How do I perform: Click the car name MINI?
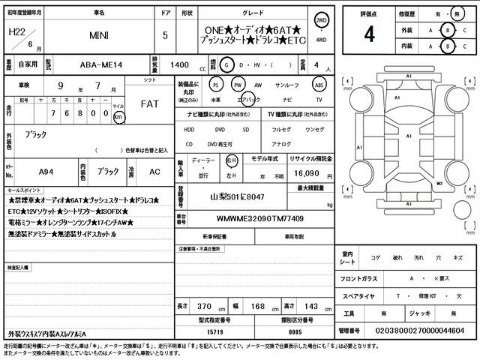click(99, 34)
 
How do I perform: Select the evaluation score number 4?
click(369, 34)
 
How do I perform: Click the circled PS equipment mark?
click(216, 85)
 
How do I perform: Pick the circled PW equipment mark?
click(238, 85)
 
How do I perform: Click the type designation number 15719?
click(216, 330)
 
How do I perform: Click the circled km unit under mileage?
click(118, 116)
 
